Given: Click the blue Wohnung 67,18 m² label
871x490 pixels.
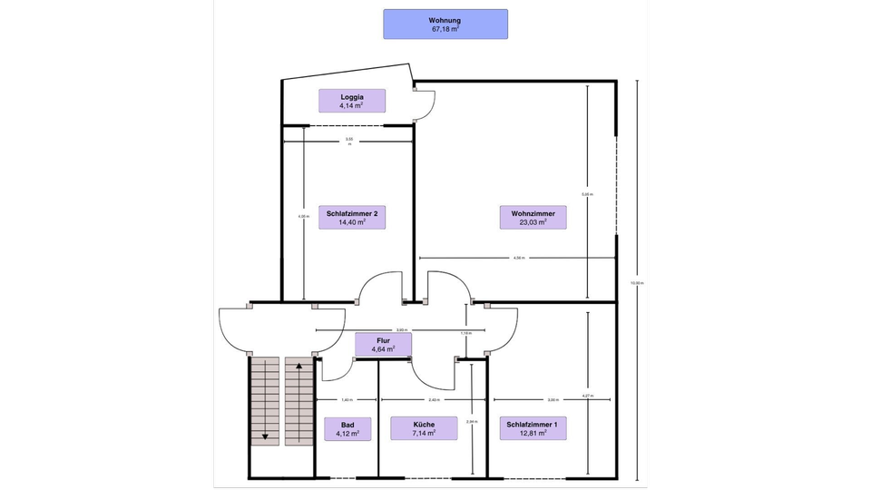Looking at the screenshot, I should [x=445, y=24].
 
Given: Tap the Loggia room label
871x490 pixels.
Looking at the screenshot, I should [x=352, y=101].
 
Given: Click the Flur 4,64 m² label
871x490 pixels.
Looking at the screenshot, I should [x=383, y=344].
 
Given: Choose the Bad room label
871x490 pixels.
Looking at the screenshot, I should [x=348, y=428].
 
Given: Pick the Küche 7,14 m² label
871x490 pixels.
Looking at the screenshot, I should [x=424, y=428].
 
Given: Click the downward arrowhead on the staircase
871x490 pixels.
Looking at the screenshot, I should [x=265, y=436].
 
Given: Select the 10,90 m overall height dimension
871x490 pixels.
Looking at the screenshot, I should [x=636, y=282].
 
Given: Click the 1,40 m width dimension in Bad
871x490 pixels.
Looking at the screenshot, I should [x=347, y=399].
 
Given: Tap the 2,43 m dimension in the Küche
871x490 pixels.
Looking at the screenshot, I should [x=435, y=399].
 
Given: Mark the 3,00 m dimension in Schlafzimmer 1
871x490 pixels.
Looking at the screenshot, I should [x=553, y=399].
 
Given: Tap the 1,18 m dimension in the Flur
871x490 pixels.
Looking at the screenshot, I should [x=466, y=333].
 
